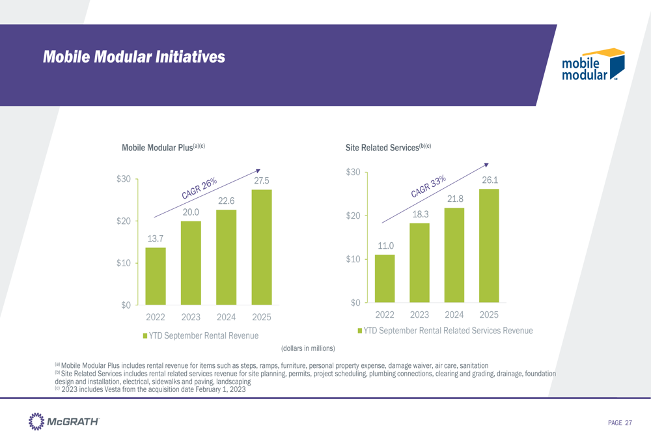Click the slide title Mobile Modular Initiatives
tap(134, 57)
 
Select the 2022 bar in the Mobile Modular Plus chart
tap(155, 276)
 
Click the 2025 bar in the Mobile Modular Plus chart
tap(261, 247)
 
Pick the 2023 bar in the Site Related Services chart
tap(419, 262)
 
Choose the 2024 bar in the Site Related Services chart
tap(454, 255)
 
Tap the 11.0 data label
tap(385, 245)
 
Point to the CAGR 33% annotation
tap(428, 186)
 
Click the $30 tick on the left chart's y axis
tap(124, 179)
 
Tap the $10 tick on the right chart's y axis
tap(353, 259)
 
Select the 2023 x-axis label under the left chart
tap(190, 318)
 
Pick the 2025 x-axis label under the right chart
tap(489, 314)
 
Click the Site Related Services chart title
tap(389, 148)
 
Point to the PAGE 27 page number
tap(619, 423)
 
